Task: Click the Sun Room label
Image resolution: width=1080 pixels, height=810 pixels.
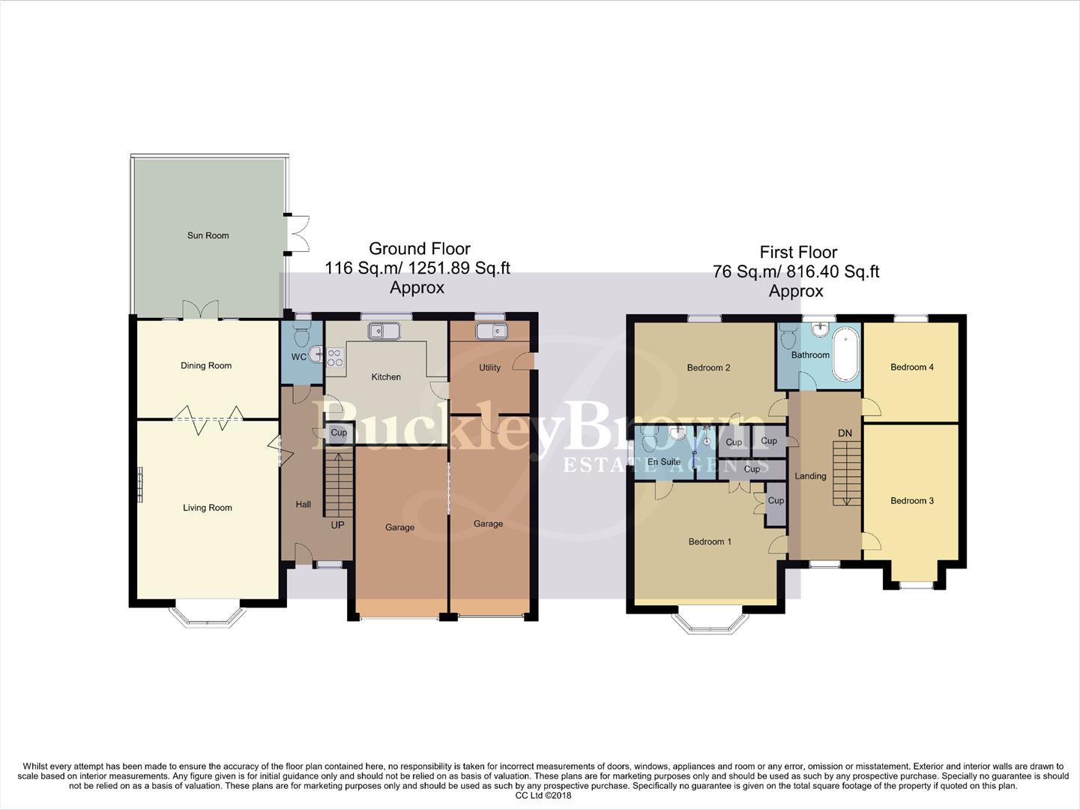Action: click(208, 235)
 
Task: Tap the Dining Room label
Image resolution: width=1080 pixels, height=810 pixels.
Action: click(206, 366)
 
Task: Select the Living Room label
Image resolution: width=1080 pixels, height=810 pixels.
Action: click(208, 508)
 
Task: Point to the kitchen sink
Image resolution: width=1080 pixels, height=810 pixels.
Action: click(384, 331)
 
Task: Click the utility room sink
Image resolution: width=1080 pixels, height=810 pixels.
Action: click(491, 331)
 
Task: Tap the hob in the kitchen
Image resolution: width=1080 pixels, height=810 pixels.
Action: click(334, 358)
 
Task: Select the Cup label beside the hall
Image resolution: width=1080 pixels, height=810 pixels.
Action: click(339, 433)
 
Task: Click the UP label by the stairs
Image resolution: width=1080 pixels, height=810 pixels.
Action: click(337, 525)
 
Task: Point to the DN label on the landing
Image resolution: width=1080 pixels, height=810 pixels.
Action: click(845, 433)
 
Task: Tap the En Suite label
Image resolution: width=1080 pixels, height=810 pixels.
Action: click(664, 462)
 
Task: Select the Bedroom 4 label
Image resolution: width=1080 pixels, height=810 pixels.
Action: click(912, 367)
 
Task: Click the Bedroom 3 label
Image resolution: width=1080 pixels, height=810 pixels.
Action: click(912, 501)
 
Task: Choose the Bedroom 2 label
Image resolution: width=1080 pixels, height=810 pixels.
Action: click(708, 367)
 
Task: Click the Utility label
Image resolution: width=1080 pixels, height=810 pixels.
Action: click(489, 367)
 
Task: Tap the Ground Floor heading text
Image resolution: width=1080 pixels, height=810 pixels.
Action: click(420, 249)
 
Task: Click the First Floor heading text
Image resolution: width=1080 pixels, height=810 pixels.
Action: click(798, 253)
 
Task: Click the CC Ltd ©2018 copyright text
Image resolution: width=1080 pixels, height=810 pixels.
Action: click(543, 796)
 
